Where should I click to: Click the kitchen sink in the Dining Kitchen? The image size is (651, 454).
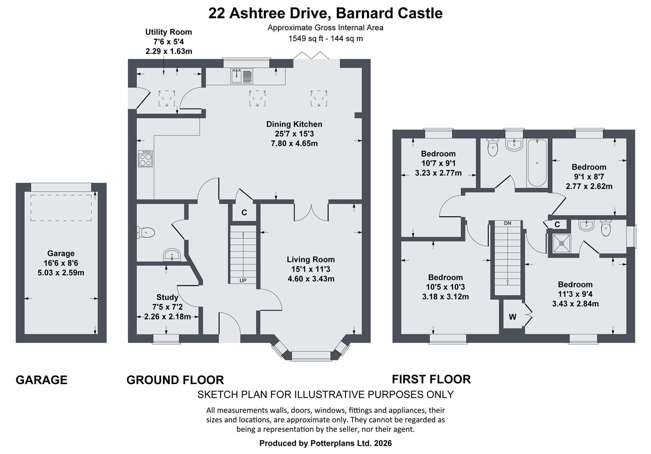click(242, 76)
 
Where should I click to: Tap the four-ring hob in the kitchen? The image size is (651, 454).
click(145, 159)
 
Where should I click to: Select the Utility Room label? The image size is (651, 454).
click(169, 32)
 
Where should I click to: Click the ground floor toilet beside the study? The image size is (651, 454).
click(146, 232)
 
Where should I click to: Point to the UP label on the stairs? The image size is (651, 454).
click(243, 280)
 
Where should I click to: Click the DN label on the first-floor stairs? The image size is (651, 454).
click(507, 223)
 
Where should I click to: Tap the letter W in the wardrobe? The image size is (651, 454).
click(512, 317)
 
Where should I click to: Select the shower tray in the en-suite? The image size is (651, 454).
click(561, 243)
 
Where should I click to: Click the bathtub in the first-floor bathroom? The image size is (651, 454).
click(537, 163)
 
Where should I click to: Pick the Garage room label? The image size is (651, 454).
click(61, 253)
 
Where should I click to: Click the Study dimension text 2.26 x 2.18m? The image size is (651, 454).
click(168, 317)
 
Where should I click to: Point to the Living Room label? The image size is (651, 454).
click(311, 259)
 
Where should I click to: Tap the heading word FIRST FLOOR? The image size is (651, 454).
click(431, 379)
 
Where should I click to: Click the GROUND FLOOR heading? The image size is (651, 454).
click(175, 380)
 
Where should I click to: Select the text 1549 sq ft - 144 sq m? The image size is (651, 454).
click(325, 39)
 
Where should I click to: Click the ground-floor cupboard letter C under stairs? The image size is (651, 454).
click(244, 213)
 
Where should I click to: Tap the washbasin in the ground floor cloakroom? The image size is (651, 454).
click(172, 255)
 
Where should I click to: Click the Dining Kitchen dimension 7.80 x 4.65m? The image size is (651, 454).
click(294, 144)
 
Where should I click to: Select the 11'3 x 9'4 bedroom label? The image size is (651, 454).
click(575, 294)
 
